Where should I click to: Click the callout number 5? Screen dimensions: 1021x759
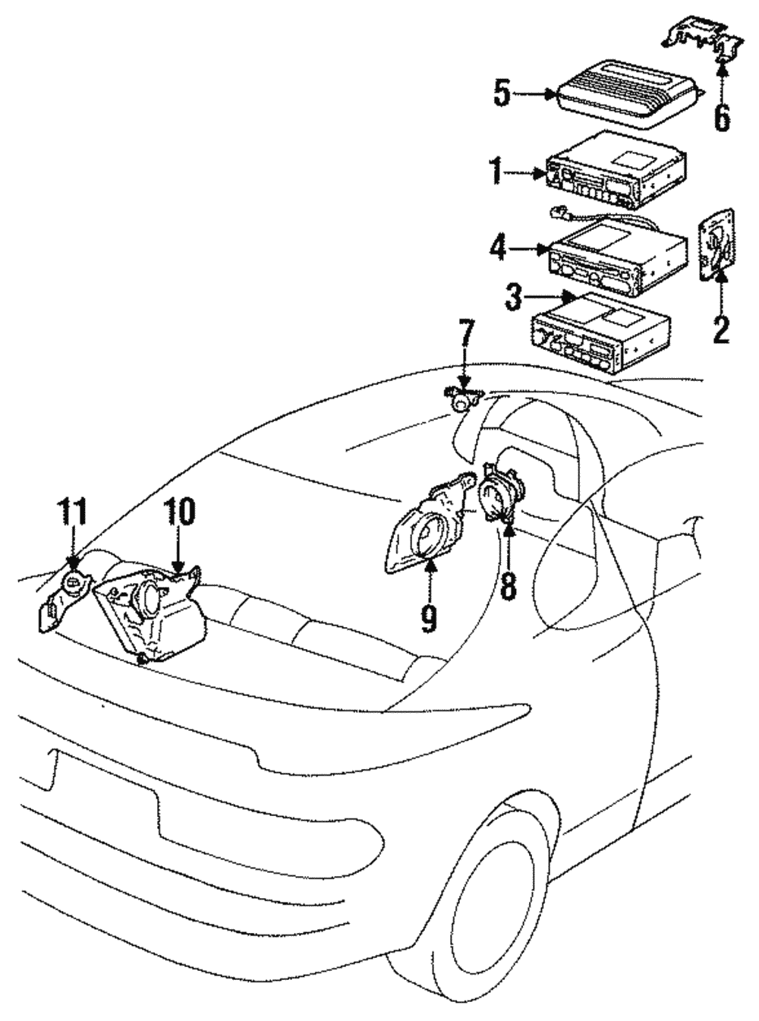point(502,93)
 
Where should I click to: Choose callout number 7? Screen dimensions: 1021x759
point(465,336)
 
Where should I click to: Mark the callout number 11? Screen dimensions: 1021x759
point(74,513)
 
